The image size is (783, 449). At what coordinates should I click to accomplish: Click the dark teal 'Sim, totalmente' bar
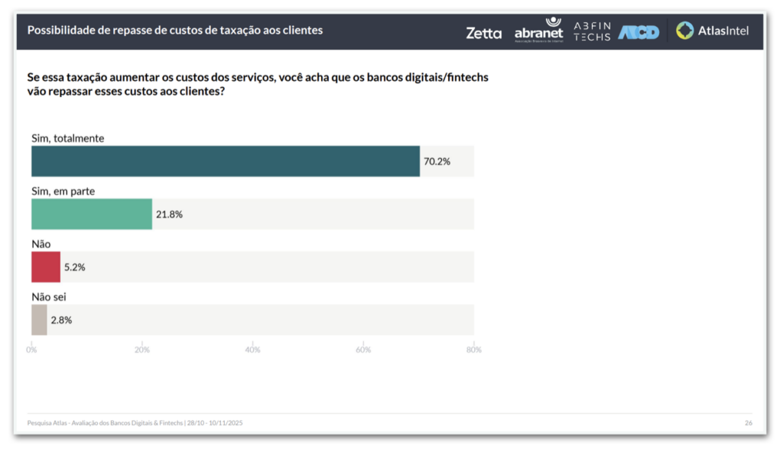226,161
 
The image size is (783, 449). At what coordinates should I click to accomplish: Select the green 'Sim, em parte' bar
92,214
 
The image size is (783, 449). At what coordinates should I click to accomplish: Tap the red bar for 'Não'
46,267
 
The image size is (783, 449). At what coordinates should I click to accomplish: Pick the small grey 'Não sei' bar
39,320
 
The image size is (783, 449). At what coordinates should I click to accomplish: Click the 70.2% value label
437,162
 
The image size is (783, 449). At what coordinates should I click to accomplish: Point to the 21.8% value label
169,215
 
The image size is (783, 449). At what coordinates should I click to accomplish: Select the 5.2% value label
74,267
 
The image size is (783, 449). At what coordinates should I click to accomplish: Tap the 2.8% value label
61,321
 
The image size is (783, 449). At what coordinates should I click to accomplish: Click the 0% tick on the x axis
31,350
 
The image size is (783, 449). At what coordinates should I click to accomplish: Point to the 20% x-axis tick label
142,350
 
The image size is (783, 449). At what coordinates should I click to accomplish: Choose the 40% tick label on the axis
252,350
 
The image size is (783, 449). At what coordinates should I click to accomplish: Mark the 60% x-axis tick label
363,350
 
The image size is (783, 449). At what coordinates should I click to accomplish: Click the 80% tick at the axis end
473,350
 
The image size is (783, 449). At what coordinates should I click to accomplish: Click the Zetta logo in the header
483,33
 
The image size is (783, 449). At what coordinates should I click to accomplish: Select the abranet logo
538,31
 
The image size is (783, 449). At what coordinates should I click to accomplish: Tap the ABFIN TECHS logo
592,31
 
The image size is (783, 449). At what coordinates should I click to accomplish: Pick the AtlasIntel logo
713,31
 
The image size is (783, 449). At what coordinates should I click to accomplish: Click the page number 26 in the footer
749,423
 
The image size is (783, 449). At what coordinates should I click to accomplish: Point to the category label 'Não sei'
49,297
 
